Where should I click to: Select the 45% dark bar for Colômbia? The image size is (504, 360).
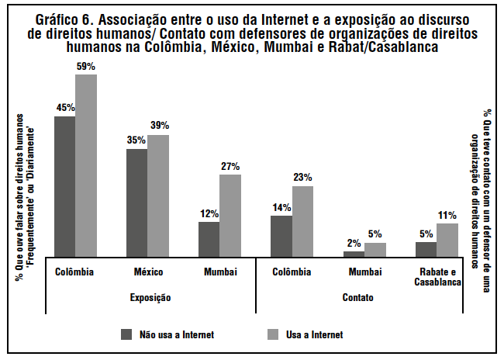click(64, 185)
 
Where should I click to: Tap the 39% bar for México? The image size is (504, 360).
click(158, 195)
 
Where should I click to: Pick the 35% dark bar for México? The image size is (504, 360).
click(137, 202)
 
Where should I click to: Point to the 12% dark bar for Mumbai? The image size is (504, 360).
click(209, 238)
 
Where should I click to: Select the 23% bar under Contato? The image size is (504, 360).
click(302, 220)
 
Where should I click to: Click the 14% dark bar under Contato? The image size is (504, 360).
click(281, 235)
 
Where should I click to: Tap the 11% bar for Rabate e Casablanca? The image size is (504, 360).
click(447, 239)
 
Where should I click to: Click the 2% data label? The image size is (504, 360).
click(353, 242)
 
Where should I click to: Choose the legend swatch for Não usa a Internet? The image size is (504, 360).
click(127, 334)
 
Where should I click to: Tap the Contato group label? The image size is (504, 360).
click(358, 297)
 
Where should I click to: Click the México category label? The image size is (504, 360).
click(147, 272)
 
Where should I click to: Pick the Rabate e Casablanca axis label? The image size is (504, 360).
click(437, 277)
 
